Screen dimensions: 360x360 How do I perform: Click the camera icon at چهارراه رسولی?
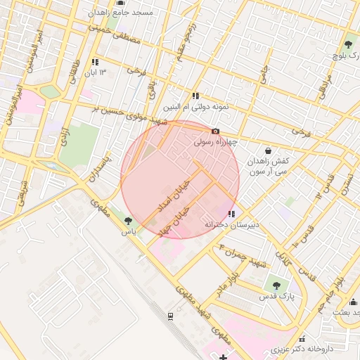[215, 131]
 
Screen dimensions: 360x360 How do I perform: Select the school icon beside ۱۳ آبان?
[95, 62]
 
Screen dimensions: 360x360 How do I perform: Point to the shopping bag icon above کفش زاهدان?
[269, 150]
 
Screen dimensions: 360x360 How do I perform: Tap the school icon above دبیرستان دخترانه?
[231, 214]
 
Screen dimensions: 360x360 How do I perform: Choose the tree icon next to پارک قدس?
[276, 285]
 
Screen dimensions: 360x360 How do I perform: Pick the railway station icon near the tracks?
[170, 317]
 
